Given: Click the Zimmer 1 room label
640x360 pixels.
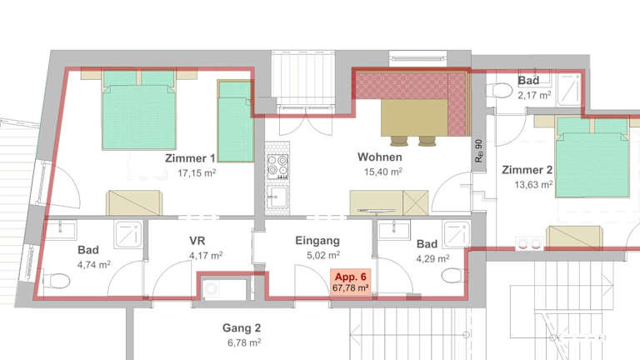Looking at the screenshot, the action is pyautogui.click(x=190, y=158).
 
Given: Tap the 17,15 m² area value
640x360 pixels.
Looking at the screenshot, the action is pyautogui.click(x=197, y=173).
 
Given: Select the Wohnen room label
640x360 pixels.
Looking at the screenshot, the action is pyautogui.click(x=380, y=157).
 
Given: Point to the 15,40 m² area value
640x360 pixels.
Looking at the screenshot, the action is pyautogui.click(x=383, y=172).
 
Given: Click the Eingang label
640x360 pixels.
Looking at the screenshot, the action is pyautogui.click(x=317, y=240).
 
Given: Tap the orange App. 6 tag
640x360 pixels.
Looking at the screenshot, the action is pyautogui.click(x=351, y=282).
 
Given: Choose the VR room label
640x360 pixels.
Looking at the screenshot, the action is pyautogui.click(x=197, y=240).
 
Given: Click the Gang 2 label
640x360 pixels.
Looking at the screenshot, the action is pyautogui.click(x=242, y=327).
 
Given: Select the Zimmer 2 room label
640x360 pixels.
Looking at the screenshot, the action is pyautogui.click(x=527, y=170).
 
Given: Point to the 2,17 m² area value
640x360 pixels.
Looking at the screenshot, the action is pyautogui.click(x=534, y=96).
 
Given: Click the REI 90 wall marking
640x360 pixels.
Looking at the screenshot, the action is pyautogui.click(x=478, y=151).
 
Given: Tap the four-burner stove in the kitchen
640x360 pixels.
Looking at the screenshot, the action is pyautogui.click(x=277, y=167).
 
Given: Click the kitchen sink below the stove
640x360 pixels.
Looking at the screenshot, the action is pyautogui.click(x=277, y=197).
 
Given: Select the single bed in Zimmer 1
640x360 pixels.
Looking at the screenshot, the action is pyautogui.click(x=235, y=121).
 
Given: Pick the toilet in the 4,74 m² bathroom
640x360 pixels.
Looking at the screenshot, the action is pyautogui.click(x=57, y=281).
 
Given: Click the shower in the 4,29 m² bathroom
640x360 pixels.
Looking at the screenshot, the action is pyautogui.click(x=457, y=235).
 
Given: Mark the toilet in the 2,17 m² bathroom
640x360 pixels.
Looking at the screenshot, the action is pyautogui.click(x=500, y=90).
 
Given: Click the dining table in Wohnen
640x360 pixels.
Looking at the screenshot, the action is pyautogui.click(x=414, y=118).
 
